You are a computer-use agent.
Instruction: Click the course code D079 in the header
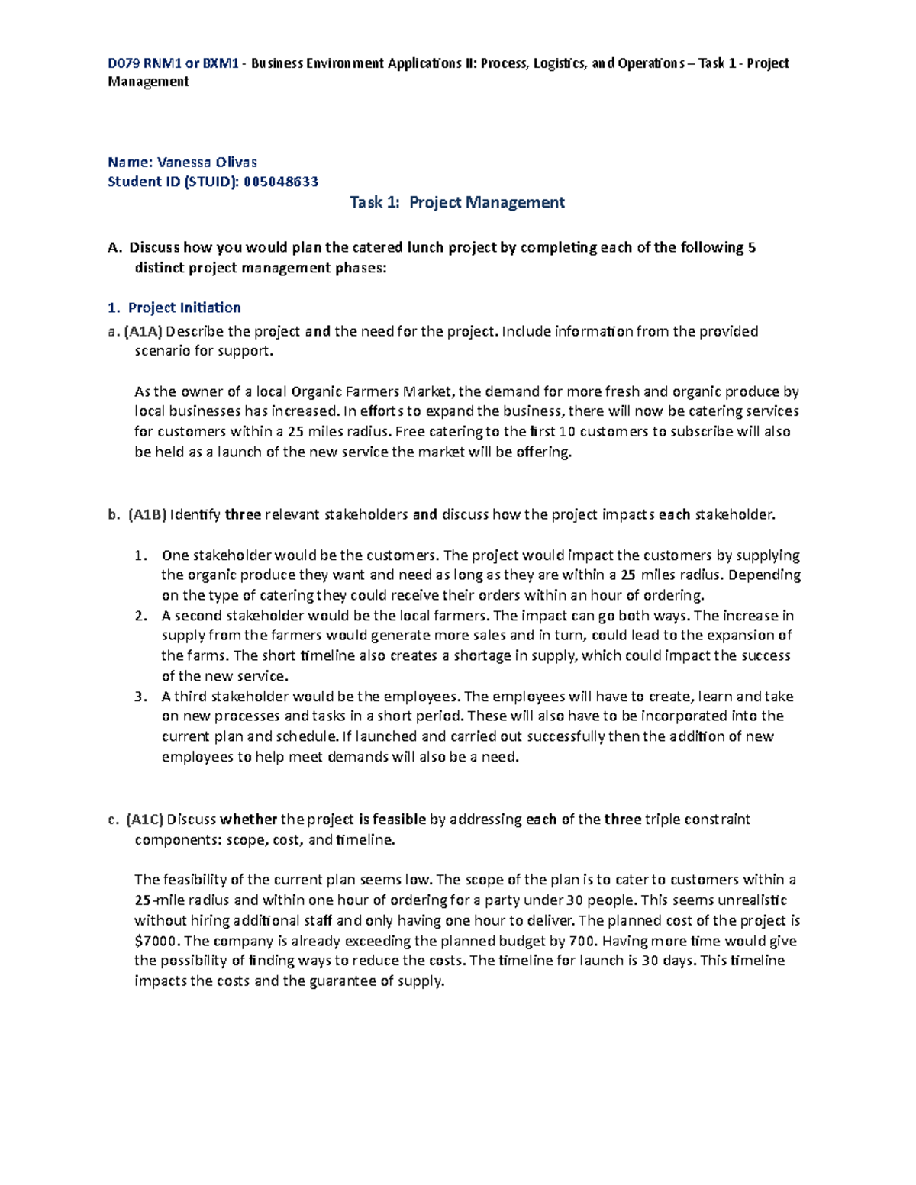(124, 63)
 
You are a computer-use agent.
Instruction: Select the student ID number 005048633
(281, 182)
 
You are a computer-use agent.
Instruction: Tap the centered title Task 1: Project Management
(456, 202)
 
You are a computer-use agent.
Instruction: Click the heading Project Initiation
(184, 308)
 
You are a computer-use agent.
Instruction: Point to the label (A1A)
(143, 331)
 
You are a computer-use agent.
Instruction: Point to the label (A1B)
(147, 514)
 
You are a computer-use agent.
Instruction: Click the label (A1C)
(145, 820)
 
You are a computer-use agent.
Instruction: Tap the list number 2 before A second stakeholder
(140, 616)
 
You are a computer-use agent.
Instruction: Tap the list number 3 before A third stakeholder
(140, 697)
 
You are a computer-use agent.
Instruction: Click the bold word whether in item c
(248, 820)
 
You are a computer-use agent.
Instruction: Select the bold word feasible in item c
(398, 820)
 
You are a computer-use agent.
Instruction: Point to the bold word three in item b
(243, 514)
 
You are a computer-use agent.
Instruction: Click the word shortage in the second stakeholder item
(482, 656)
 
